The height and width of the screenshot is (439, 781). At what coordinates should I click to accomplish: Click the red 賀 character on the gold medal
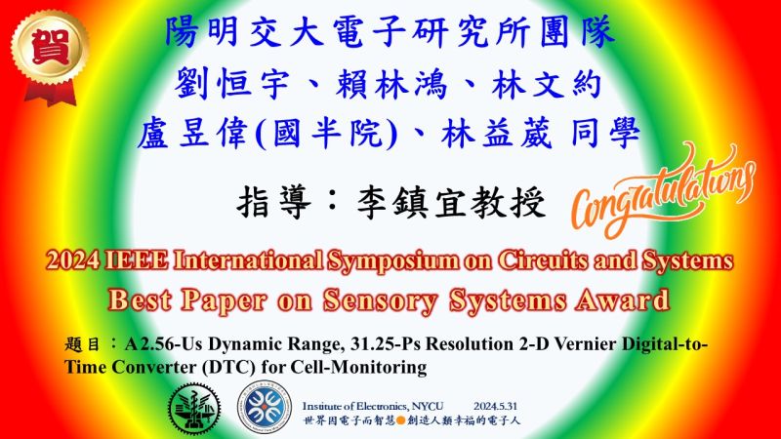(x=50, y=47)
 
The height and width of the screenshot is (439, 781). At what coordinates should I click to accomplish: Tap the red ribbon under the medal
(x=51, y=94)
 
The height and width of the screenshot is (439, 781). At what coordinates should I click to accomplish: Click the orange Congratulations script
(x=663, y=191)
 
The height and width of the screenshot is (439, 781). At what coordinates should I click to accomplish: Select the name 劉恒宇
(x=231, y=84)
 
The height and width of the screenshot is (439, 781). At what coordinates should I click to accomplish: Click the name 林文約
(x=547, y=84)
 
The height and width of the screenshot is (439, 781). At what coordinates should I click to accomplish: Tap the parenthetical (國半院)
(x=327, y=134)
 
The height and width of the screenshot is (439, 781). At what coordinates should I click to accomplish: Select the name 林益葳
(x=497, y=134)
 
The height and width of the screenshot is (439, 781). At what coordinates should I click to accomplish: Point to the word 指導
(x=274, y=203)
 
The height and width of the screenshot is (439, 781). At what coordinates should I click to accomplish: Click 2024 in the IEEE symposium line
(x=73, y=260)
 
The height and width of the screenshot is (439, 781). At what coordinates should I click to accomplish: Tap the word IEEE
(x=137, y=260)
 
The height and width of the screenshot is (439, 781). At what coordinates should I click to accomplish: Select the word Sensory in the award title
(x=380, y=300)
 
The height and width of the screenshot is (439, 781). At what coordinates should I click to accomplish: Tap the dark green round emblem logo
(x=194, y=409)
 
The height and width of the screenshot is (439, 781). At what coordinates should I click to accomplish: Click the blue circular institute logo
(x=264, y=407)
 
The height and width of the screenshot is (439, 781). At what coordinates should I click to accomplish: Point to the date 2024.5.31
(x=495, y=406)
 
